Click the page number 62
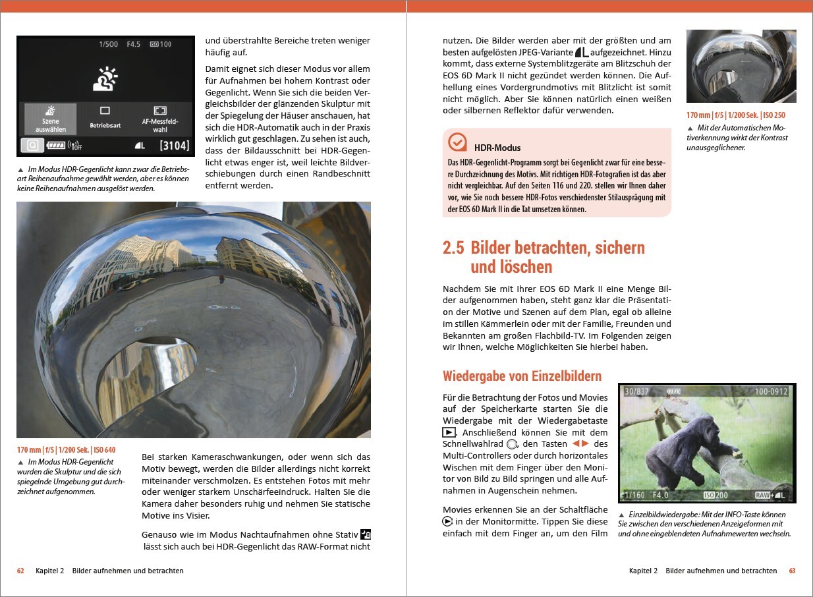(x=20, y=571)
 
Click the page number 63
(x=793, y=571)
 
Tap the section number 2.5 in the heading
(x=453, y=248)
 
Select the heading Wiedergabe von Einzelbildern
(x=522, y=376)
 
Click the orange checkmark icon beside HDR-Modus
(x=457, y=143)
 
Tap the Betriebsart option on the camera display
(x=105, y=119)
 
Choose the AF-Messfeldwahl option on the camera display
(x=159, y=119)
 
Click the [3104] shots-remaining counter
(x=174, y=146)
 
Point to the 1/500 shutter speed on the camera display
(x=109, y=44)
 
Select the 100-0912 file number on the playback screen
(x=771, y=391)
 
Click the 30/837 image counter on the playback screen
(x=636, y=391)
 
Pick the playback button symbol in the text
(x=449, y=432)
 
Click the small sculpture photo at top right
(x=741, y=66)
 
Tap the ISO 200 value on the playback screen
(x=716, y=495)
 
